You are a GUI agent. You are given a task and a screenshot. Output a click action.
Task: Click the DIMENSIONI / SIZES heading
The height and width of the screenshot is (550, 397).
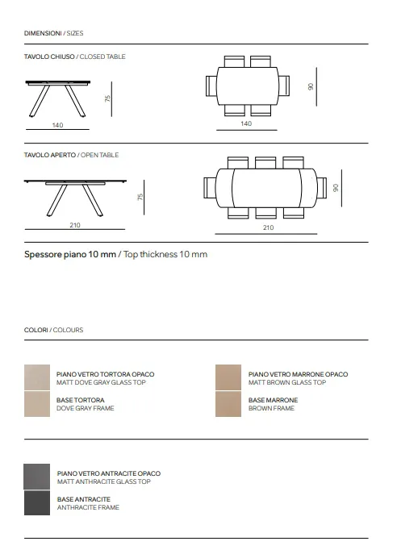pos(54,33)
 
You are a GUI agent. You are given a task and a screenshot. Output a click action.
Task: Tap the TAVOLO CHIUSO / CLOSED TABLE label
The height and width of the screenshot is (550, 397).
pos(75,56)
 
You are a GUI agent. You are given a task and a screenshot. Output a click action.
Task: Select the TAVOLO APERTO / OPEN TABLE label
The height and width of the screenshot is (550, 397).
pos(71,155)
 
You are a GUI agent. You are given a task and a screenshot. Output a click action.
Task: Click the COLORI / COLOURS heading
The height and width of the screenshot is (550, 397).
pos(54,330)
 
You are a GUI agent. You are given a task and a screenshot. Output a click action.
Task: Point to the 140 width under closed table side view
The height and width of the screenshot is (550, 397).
pos(57,125)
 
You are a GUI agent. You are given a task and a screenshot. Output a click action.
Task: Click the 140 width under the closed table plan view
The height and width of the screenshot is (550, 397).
pos(246,123)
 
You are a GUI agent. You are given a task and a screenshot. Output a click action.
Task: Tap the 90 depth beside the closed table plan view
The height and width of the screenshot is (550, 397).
pos(311,86)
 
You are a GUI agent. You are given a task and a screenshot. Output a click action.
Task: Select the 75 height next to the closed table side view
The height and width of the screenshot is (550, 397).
pos(107,98)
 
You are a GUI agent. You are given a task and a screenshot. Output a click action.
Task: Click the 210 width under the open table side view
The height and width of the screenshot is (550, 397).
pos(75,225)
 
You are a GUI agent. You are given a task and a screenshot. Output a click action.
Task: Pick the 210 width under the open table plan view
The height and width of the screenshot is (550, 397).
pos(268,227)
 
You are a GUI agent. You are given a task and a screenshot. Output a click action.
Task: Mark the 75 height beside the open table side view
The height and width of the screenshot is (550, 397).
pos(140,197)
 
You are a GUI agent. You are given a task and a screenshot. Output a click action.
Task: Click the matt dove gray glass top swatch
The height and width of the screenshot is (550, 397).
pos(37,377)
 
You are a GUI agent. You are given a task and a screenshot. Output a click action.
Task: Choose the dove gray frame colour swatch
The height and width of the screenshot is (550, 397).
pos(37,404)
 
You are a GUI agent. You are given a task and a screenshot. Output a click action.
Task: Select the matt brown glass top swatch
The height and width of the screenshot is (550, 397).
pos(228,377)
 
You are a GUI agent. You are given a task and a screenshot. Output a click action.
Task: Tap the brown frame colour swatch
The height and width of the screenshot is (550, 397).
pos(228,404)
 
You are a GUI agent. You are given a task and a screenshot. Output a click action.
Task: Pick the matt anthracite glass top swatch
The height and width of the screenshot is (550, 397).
pos(37,477)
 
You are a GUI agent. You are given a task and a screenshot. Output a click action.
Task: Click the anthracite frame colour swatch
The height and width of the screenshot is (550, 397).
pos(37,503)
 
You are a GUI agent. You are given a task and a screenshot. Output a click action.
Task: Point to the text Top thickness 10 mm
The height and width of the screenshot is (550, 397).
pos(165,254)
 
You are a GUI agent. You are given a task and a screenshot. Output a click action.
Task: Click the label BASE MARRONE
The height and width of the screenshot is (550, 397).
pos(273,400)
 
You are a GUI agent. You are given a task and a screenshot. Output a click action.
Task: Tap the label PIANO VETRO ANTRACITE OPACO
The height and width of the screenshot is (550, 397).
pos(109,473)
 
